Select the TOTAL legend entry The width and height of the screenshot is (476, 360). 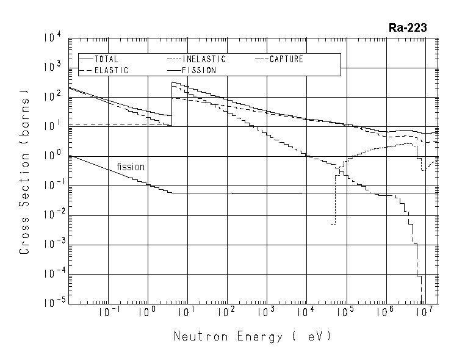coord(107,59)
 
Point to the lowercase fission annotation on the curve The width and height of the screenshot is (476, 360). coord(131,166)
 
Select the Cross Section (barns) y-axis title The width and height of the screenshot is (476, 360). coord(25,173)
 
